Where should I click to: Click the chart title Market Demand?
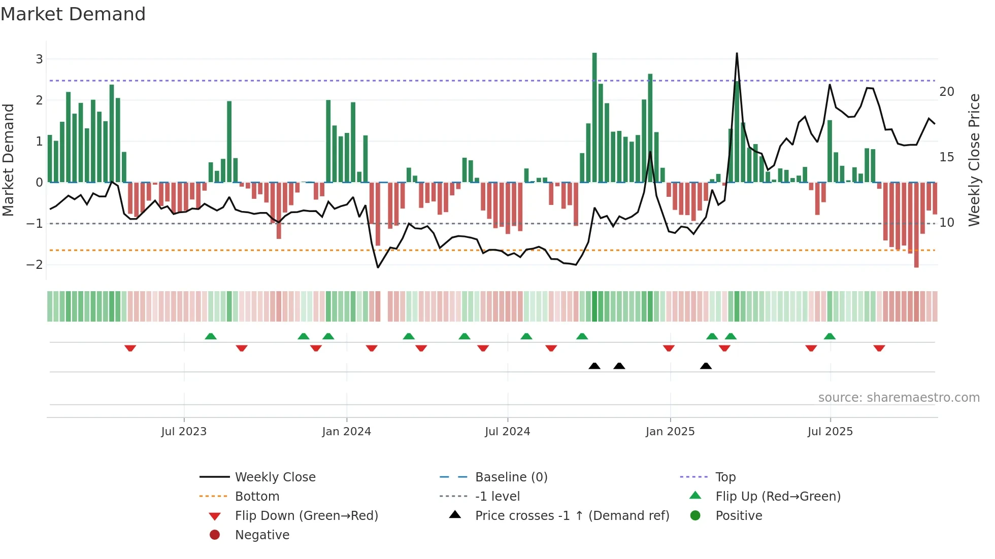73,14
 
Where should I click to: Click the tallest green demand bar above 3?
594,117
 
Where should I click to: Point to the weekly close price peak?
737,54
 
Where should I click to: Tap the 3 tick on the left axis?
39,59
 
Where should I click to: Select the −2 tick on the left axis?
36,265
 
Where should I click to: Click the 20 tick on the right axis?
947,92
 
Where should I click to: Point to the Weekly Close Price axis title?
974,160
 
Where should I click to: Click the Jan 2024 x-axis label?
346,432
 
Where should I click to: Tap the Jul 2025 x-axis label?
830,432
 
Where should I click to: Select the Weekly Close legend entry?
275,477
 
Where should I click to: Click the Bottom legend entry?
257,497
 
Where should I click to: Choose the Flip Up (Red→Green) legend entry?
777,497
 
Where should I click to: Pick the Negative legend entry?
262,535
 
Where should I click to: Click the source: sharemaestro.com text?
899,398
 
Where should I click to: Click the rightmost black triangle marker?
706,366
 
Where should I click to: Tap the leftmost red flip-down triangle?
130,348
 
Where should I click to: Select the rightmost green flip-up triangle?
830,336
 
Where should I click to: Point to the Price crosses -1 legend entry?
572,516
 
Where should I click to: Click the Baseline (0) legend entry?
511,477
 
